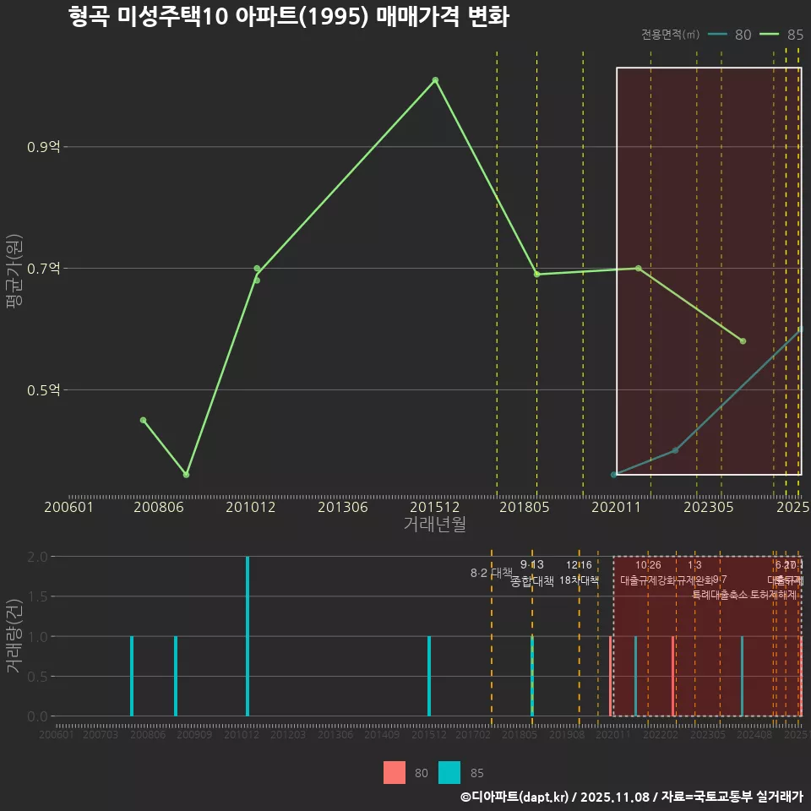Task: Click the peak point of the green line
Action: point(435,80)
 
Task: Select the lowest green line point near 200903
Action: point(186,475)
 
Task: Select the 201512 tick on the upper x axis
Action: point(434,507)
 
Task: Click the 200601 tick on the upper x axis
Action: point(68,507)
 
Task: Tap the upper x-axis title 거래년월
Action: point(434,524)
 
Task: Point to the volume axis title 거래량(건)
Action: point(14,635)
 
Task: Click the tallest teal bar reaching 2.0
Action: point(248,635)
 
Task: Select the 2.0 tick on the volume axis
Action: point(36,557)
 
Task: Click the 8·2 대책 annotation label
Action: point(491,573)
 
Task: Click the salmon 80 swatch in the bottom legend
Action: point(395,772)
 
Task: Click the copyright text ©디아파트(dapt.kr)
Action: point(515,797)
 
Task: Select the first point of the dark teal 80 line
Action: point(614,475)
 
